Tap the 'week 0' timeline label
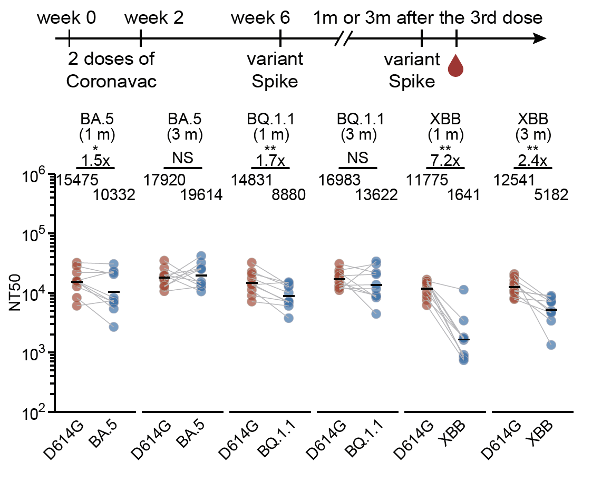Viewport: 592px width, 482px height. point(66,18)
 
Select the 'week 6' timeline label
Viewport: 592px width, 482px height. point(260,18)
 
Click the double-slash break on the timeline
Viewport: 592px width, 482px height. point(344,38)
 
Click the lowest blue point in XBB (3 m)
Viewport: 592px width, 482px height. point(551,345)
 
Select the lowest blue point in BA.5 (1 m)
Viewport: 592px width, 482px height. point(113,327)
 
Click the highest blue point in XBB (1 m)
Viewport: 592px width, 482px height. point(463,290)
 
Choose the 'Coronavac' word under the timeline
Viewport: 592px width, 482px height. point(111,82)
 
